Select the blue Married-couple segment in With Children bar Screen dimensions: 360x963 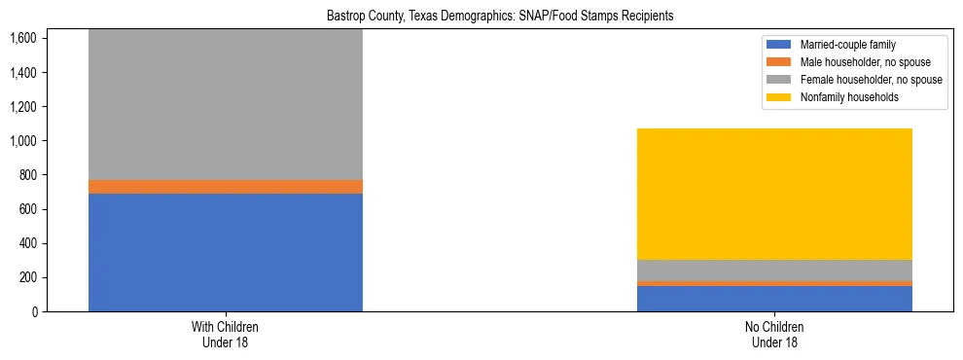(x=226, y=252)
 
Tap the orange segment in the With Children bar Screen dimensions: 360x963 (x=226, y=187)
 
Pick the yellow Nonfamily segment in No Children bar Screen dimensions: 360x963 (x=774, y=195)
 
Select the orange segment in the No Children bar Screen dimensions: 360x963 (x=774, y=283)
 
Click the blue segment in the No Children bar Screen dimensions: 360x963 (x=774, y=299)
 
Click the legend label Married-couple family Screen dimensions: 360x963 (x=846, y=45)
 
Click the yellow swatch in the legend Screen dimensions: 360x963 (x=779, y=97)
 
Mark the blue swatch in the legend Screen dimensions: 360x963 (x=779, y=45)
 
